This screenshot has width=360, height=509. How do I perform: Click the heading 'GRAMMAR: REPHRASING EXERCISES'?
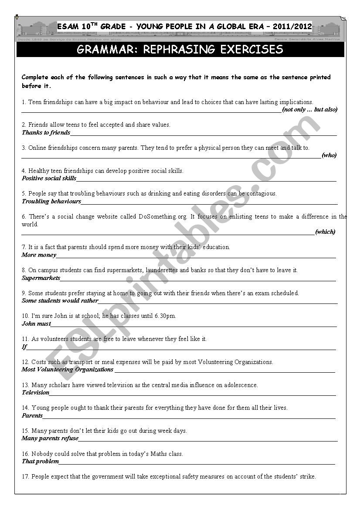point(180,50)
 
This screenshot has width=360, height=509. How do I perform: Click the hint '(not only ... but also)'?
point(309,110)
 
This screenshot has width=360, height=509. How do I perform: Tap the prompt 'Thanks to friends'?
point(46,132)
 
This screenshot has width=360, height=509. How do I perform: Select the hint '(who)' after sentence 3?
point(329,155)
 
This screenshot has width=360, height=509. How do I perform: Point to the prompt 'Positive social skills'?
point(49,178)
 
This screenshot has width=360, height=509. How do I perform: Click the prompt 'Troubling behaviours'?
point(51,201)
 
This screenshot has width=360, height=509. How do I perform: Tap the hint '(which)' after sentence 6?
point(325,232)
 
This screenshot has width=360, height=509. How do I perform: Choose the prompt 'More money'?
point(39,255)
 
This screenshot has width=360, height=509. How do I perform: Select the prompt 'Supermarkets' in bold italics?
point(41,278)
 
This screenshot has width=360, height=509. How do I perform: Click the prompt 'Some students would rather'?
point(60,300)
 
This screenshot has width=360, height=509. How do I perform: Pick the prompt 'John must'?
point(36,324)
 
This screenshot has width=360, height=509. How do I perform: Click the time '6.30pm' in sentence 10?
point(166,316)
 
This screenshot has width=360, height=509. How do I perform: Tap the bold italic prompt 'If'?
point(24,347)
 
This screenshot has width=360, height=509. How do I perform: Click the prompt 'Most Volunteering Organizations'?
point(68,369)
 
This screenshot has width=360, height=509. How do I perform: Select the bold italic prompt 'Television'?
point(36,392)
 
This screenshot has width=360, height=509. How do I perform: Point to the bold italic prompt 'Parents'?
point(32,415)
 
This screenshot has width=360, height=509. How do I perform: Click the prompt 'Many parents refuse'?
point(50,438)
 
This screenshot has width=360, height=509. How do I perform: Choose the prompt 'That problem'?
point(40,461)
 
